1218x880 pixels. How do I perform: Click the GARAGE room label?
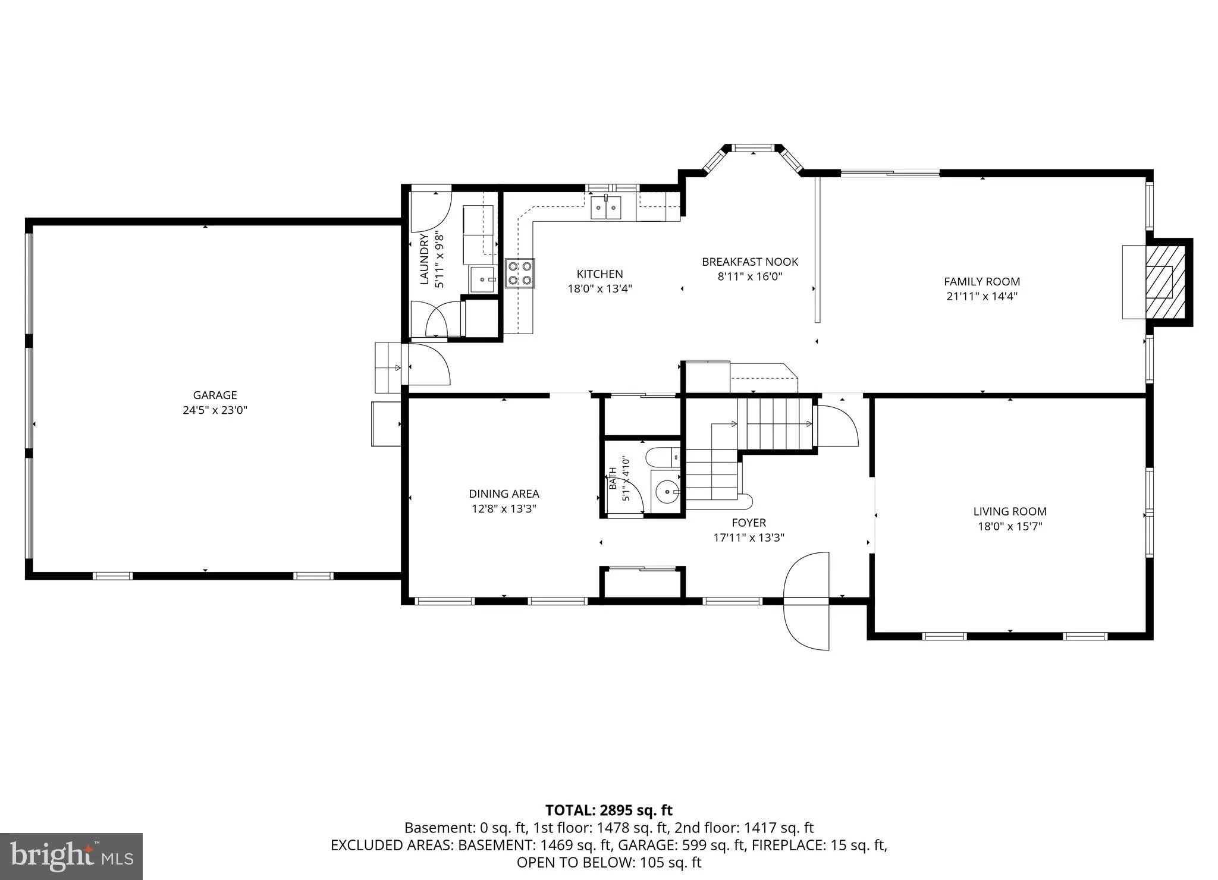[215, 395]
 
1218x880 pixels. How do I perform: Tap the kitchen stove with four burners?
[520, 274]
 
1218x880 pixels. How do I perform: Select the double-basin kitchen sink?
[606, 208]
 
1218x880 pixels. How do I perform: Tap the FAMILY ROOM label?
[982, 282]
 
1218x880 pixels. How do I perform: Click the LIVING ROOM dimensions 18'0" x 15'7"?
[1010, 526]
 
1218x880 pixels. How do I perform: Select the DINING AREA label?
[504, 494]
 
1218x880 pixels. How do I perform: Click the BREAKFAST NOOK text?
[750, 262]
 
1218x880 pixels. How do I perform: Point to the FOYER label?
[749, 523]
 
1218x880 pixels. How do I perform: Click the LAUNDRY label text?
[425, 260]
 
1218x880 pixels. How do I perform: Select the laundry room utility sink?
[483, 279]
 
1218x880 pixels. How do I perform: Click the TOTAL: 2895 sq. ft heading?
[609, 810]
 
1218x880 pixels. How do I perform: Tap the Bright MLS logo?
[71, 856]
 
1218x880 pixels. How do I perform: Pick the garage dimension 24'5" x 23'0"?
[215, 410]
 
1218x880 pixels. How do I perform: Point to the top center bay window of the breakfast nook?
[753, 147]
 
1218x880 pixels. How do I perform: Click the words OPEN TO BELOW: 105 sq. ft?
[609, 862]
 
